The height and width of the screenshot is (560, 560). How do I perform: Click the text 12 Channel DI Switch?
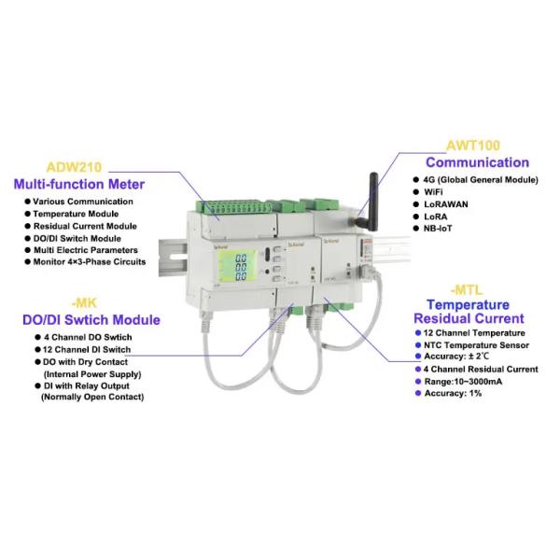click(x=89, y=349)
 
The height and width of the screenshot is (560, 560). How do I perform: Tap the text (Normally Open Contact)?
click(x=91, y=397)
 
